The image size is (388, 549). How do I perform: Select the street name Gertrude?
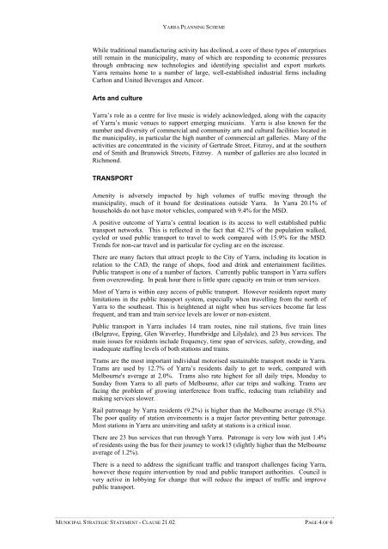227,171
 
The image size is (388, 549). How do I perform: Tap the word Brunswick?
153,179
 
